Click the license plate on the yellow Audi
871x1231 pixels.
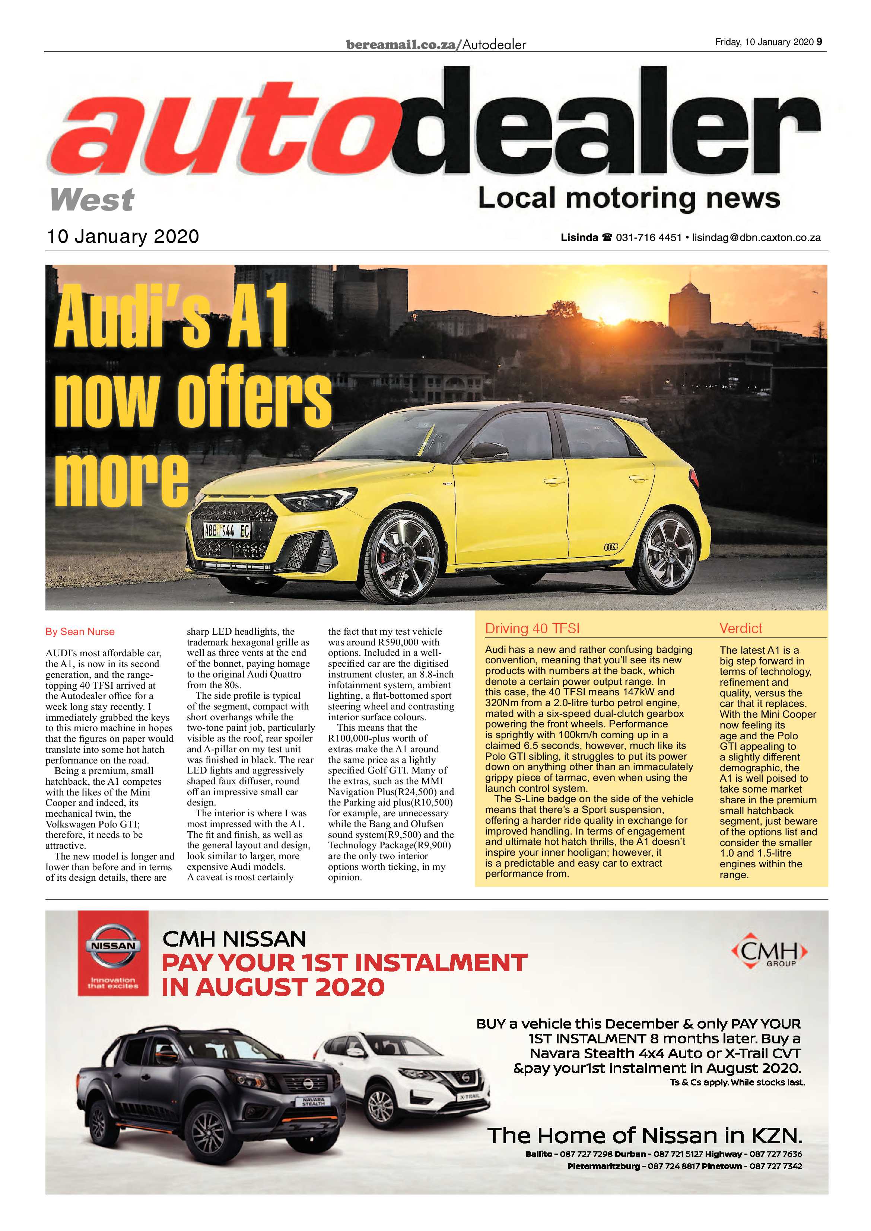[226, 531]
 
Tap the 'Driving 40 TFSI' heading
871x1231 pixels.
[532, 628]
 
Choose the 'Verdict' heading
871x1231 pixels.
[741, 628]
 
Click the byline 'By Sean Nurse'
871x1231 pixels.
[80, 632]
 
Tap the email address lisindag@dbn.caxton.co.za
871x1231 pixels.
[756, 237]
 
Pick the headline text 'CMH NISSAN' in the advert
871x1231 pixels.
[234, 939]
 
